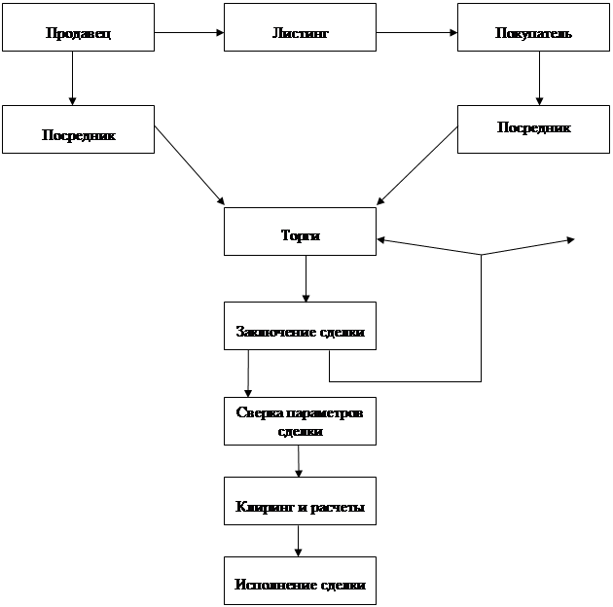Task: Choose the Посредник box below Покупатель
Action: click(x=533, y=127)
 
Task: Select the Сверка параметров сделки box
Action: click(x=300, y=421)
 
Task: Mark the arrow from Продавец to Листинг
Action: click(x=189, y=34)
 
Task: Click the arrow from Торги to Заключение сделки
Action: click(x=306, y=279)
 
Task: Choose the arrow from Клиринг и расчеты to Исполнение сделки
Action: click(x=299, y=542)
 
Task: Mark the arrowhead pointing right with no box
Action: click(x=570, y=238)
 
